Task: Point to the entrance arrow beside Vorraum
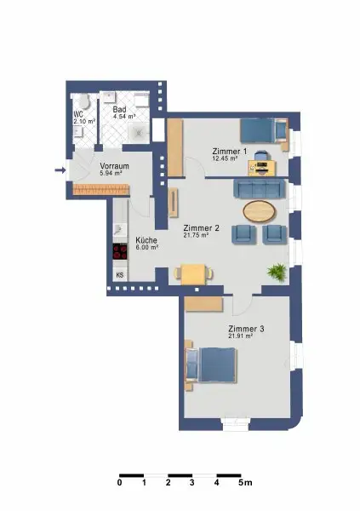[x=60, y=170]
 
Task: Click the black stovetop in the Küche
[x=119, y=251]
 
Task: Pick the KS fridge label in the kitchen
[x=119, y=275]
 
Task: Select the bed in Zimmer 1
[x=260, y=130]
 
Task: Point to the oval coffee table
[x=260, y=210]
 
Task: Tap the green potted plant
[x=276, y=273]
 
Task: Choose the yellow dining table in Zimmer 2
[x=193, y=273]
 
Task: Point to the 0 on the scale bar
[x=120, y=484]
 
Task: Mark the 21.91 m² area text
[x=242, y=336]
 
